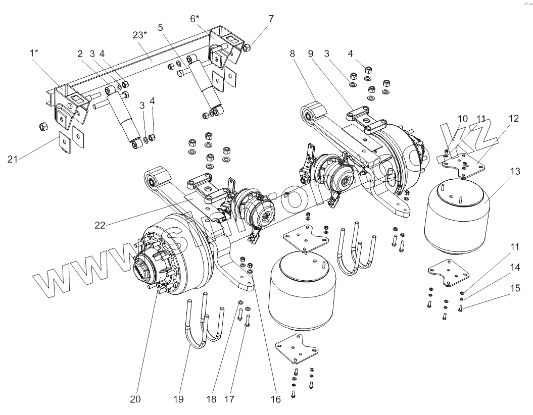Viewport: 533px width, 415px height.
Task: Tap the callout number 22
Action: click(100, 225)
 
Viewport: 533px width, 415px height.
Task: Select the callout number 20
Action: click(135, 399)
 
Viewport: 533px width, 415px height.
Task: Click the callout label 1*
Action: click(34, 53)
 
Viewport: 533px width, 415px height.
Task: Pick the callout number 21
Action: click(13, 159)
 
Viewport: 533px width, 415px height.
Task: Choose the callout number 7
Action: click(271, 19)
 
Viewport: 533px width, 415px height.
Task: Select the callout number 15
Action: click(514, 289)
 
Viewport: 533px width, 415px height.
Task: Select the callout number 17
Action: click(230, 399)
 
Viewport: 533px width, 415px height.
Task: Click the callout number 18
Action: click(211, 399)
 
